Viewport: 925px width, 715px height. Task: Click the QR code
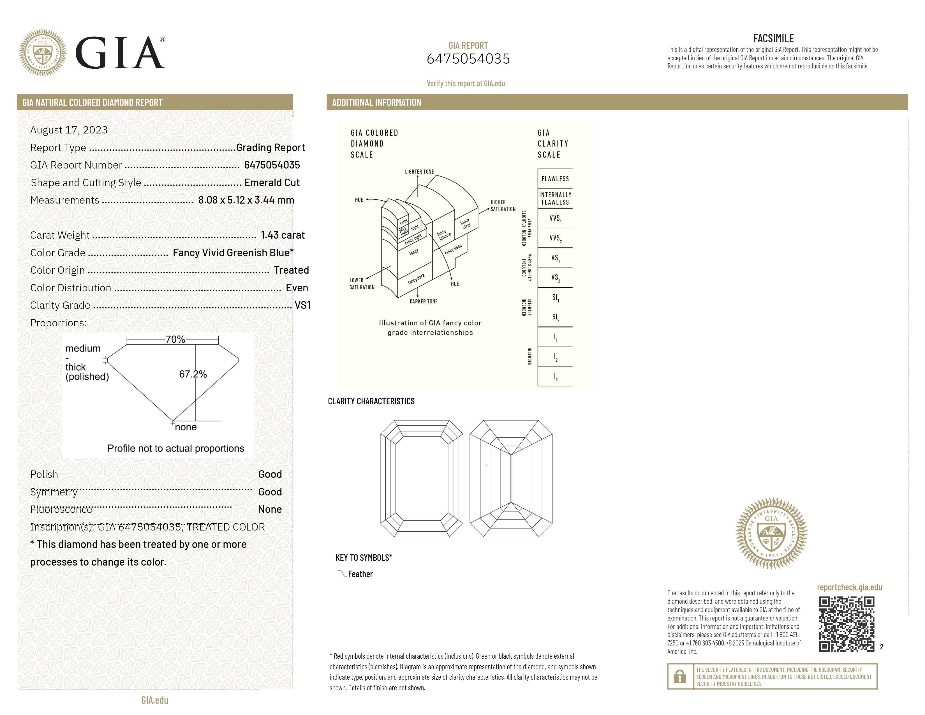coord(846,624)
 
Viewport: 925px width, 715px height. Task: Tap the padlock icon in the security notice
coord(680,677)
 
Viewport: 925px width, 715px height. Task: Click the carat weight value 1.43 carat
coord(283,235)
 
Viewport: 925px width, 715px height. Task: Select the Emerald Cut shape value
coord(272,183)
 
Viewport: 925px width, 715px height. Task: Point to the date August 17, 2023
coord(69,130)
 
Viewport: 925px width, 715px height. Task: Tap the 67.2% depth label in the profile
coord(193,374)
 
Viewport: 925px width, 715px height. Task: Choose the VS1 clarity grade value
coord(302,305)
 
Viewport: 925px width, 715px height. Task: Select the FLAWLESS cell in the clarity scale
coord(555,179)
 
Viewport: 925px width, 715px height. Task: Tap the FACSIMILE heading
coord(773,38)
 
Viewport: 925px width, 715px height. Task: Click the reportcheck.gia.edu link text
coord(849,587)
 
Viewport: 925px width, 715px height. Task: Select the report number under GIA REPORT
coord(468,59)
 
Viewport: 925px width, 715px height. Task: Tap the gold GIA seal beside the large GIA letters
coord(43,52)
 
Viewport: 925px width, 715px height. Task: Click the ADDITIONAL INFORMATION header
coord(376,103)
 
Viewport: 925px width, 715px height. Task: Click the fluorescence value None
coord(270,509)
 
